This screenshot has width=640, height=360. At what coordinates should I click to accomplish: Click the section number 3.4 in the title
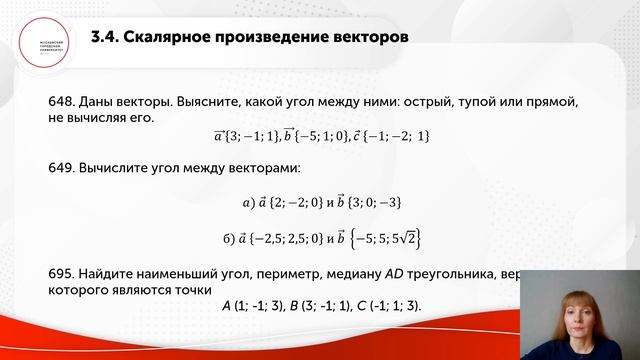coord(103,38)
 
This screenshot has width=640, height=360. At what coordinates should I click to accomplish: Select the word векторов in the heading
coord(369,38)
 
